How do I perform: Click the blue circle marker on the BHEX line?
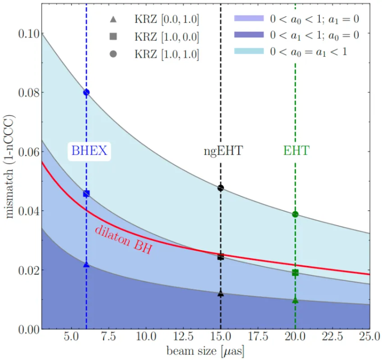click(x=86, y=92)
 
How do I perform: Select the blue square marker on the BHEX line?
click(x=86, y=193)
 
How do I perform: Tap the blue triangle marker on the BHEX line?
click(x=86, y=265)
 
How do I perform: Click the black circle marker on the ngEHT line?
click(x=221, y=188)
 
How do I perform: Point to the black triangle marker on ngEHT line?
click(x=221, y=294)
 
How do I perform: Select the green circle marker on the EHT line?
click(x=296, y=214)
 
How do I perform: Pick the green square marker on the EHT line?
click(x=296, y=273)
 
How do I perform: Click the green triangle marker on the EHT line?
click(x=296, y=300)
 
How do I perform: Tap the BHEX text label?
click(x=89, y=151)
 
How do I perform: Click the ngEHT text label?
click(x=221, y=152)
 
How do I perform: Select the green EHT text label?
click(x=296, y=151)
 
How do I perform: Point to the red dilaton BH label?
click(x=123, y=239)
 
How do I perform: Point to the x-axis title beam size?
click(x=205, y=352)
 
